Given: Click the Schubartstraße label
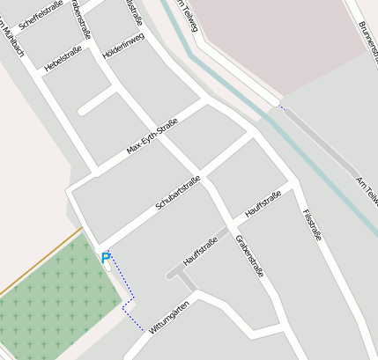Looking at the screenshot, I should [x=178, y=193].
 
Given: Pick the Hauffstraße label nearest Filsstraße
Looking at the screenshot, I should [x=263, y=204].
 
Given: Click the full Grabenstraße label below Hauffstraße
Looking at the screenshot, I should [x=250, y=255].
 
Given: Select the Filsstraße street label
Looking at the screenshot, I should [x=311, y=224].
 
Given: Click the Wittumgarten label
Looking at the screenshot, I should [x=170, y=317].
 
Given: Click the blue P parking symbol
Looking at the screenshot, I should [x=106, y=258].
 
